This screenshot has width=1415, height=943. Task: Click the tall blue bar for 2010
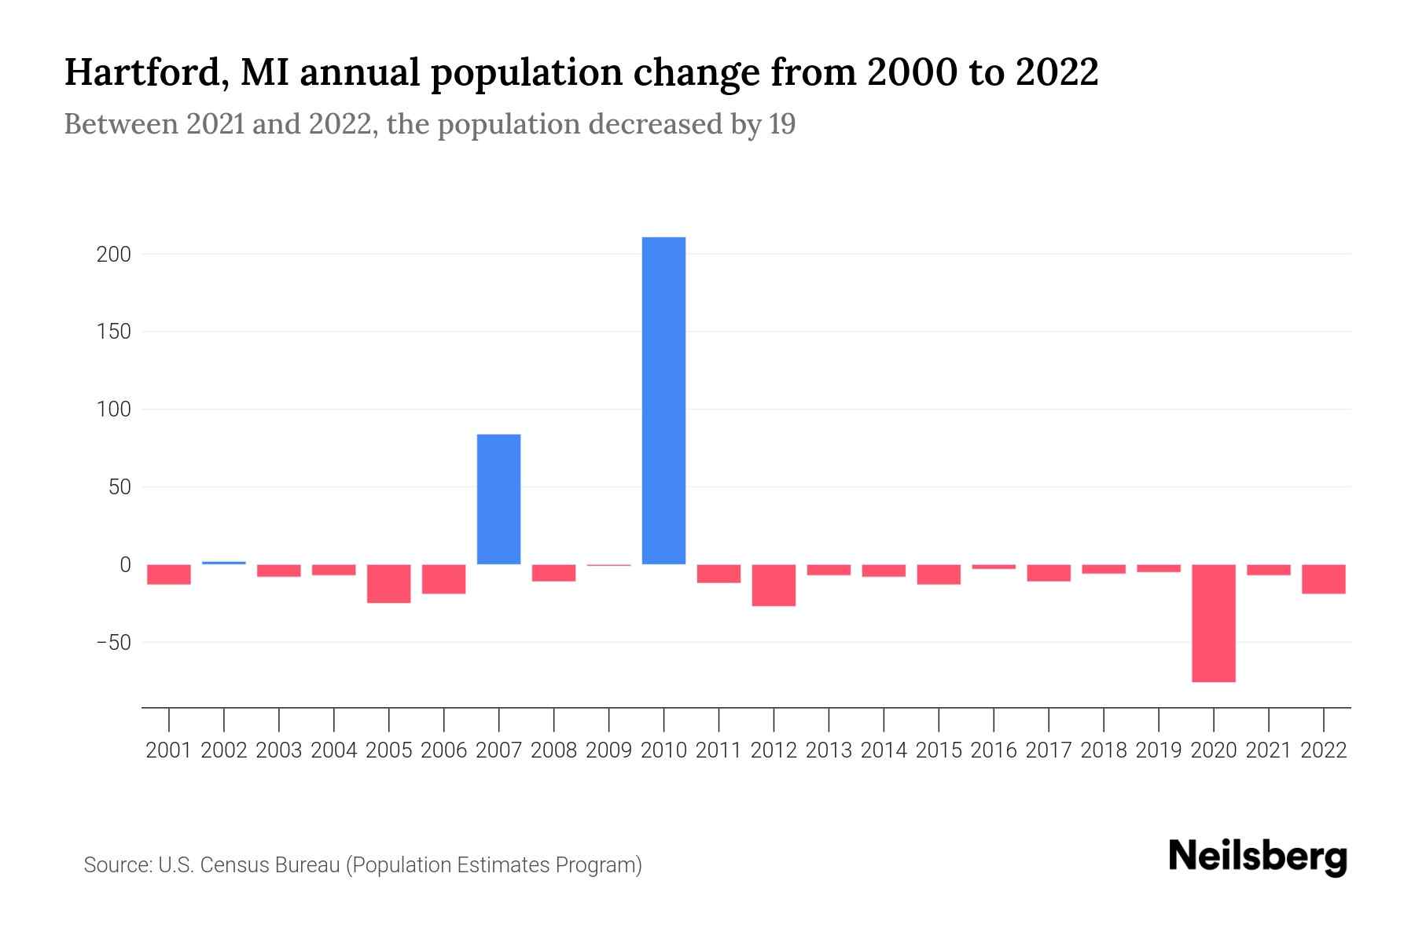click(663, 401)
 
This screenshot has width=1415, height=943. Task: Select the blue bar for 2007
click(498, 499)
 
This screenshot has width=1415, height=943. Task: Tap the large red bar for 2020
click(1213, 623)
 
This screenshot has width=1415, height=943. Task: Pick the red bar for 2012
click(774, 585)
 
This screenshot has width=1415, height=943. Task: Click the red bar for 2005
click(388, 584)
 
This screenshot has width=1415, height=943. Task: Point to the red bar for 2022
click(1323, 579)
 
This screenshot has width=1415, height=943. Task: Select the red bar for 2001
click(169, 574)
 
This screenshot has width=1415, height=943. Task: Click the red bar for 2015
click(939, 574)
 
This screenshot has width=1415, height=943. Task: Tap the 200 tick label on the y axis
click(114, 255)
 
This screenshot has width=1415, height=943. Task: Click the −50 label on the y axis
click(113, 643)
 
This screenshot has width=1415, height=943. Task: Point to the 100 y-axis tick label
click(114, 409)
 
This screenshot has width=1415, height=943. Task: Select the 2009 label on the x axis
click(608, 750)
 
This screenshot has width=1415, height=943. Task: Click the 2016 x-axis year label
click(994, 750)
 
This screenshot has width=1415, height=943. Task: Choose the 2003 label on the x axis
click(279, 750)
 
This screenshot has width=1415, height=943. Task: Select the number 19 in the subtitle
click(782, 124)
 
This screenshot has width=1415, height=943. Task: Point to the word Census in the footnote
click(229, 865)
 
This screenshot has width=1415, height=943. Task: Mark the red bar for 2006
click(443, 579)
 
